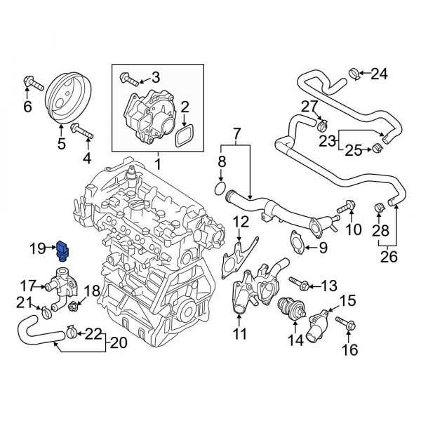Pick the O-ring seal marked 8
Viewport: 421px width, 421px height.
click(x=219, y=189)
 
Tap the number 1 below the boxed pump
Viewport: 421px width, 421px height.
click(x=157, y=166)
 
